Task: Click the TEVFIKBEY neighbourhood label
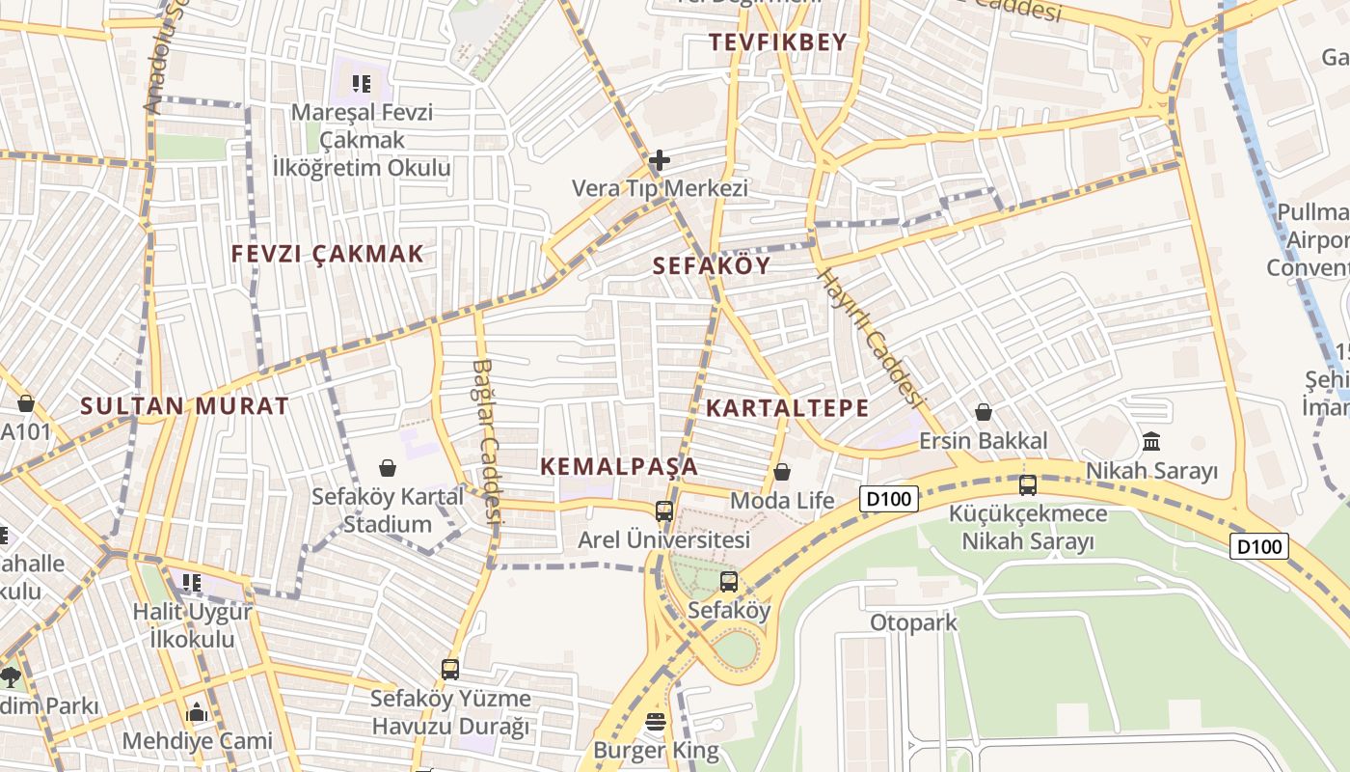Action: point(777,42)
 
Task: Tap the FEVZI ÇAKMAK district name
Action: point(327,255)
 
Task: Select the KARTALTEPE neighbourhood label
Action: point(787,408)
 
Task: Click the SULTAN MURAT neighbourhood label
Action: point(184,406)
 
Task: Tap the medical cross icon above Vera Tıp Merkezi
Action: point(660,160)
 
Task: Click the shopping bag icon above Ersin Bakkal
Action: point(983,413)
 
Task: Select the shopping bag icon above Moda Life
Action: point(782,472)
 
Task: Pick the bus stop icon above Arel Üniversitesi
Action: point(664,510)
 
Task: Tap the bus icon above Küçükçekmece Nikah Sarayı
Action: point(1028,484)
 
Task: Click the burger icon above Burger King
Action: point(656,721)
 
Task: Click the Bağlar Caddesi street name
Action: point(488,442)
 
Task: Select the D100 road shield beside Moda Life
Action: point(888,499)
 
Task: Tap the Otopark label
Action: point(913,622)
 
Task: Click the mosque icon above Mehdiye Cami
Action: point(198,713)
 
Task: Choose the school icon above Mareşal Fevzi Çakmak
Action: point(362,84)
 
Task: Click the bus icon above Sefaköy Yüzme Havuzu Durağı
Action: point(449,669)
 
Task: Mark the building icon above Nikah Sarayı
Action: point(1151,442)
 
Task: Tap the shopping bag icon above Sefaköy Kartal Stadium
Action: point(388,468)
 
